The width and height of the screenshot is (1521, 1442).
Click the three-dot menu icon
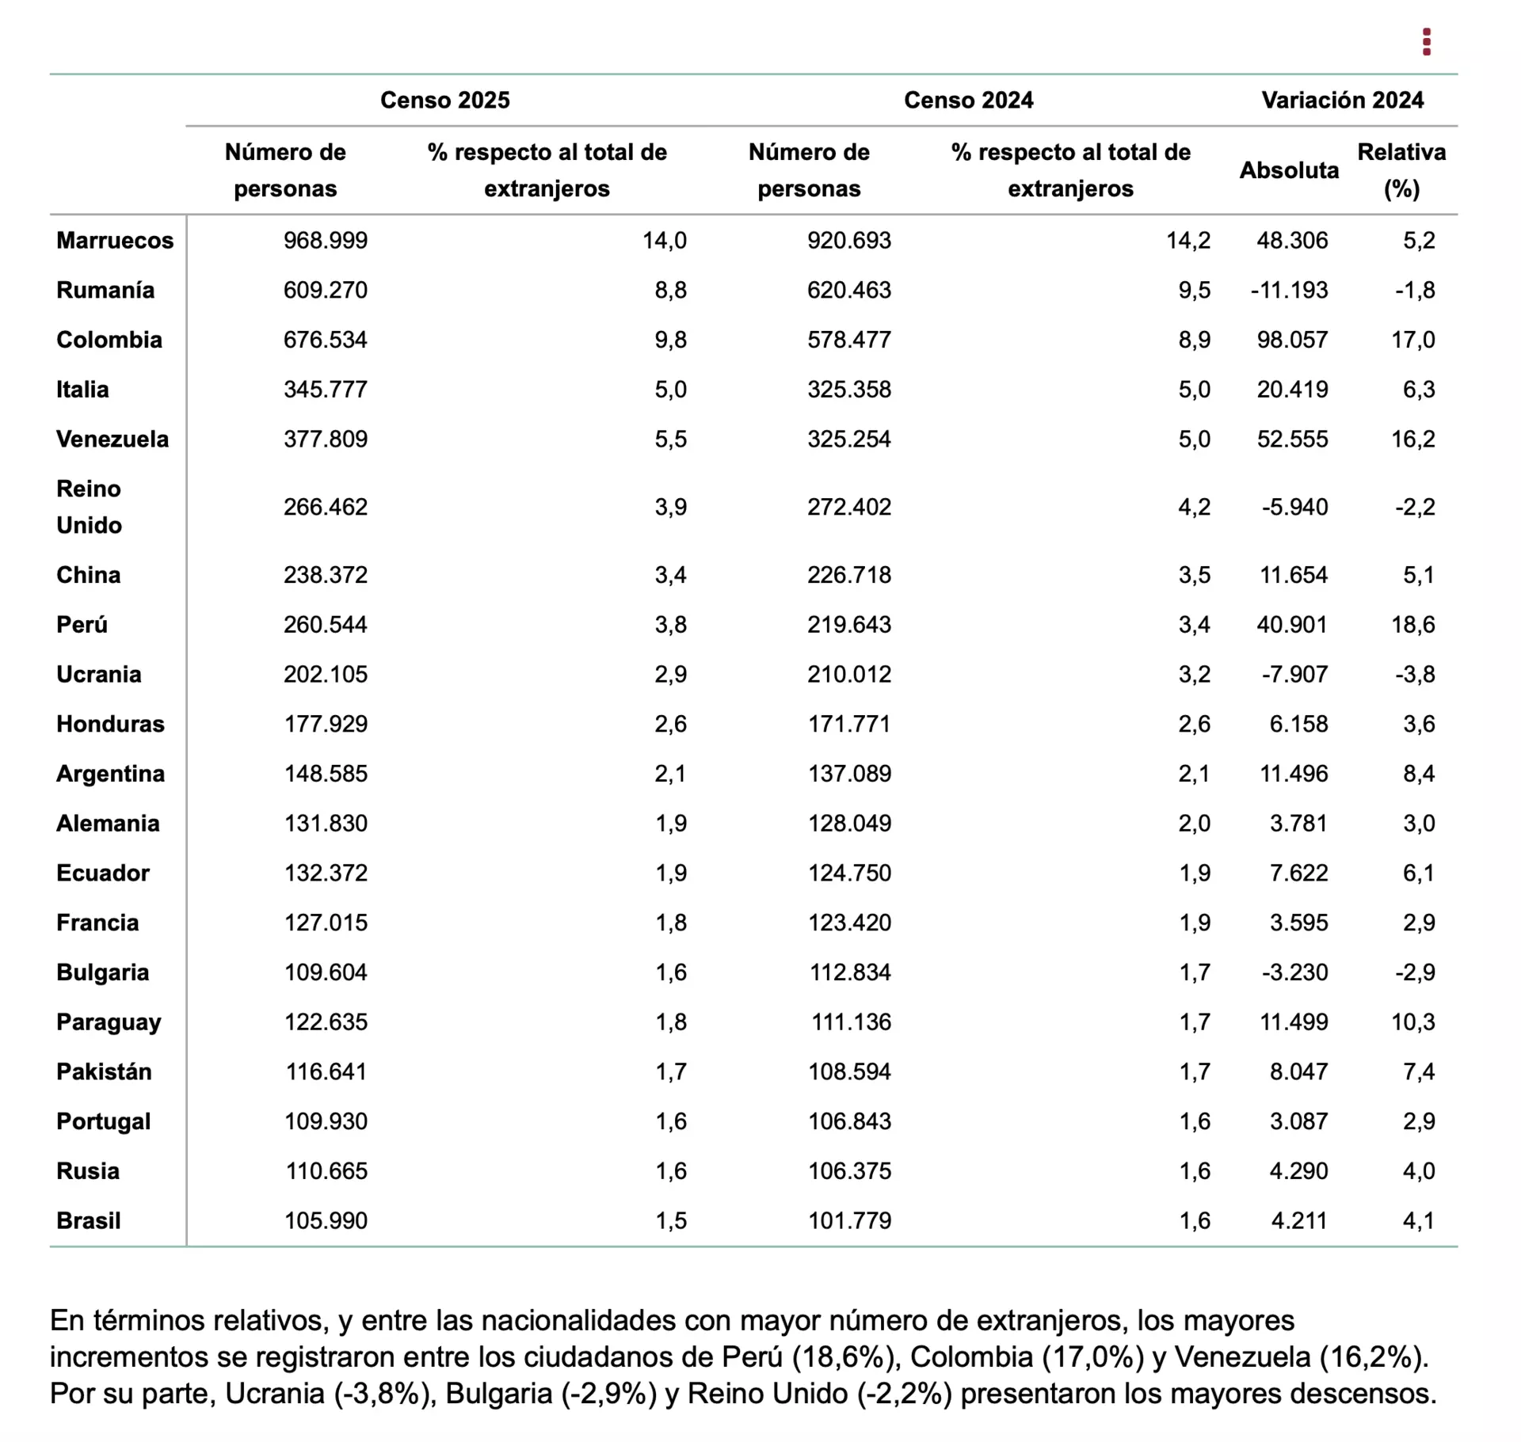pyautogui.click(x=1427, y=42)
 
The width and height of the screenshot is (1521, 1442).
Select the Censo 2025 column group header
pyautogui.click(x=445, y=100)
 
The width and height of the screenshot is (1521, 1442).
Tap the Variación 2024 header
pyautogui.click(x=1343, y=100)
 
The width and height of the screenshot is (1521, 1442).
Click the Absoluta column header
pyautogui.click(x=1289, y=170)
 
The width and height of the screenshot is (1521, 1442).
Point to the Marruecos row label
pyautogui.click(x=115, y=240)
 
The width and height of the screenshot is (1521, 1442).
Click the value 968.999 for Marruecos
pyautogui.click(x=326, y=240)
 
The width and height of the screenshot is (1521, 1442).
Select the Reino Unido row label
pyautogui.click(x=90, y=507)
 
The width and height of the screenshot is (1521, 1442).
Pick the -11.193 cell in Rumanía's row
pyautogui.click(x=1290, y=290)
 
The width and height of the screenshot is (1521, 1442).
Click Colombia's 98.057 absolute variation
pyautogui.click(x=1293, y=340)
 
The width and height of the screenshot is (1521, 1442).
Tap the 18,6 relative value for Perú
pyautogui.click(x=1413, y=625)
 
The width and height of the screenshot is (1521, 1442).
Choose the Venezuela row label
pyautogui.click(x=112, y=439)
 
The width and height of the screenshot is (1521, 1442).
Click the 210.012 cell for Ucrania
pyautogui.click(x=849, y=674)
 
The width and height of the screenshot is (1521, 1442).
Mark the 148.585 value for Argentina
pyautogui.click(x=326, y=774)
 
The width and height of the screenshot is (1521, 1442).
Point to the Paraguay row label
pyautogui.click(x=109, y=1022)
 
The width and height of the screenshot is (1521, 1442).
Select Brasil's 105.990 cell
pyautogui.click(x=326, y=1220)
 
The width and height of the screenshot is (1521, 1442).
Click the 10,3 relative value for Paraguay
pyautogui.click(x=1413, y=1022)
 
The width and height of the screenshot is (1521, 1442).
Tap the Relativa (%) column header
pyautogui.click(x=1401, y=170)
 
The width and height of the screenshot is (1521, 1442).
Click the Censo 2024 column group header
pyautogui.click(x=969, y=100)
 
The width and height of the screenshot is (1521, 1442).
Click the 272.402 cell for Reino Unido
pyautogui.click(x=849, y=507)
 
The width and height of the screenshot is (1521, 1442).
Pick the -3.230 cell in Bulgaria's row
pyautogui.click(x=1295, y=972)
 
